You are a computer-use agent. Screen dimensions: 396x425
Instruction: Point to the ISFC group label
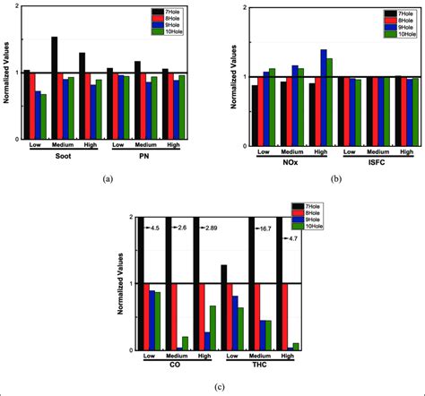coord(369,162)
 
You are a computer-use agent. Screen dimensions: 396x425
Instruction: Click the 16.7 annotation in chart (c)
coord(265,228)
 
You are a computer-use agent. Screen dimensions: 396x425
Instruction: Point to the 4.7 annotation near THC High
coord(291,238)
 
